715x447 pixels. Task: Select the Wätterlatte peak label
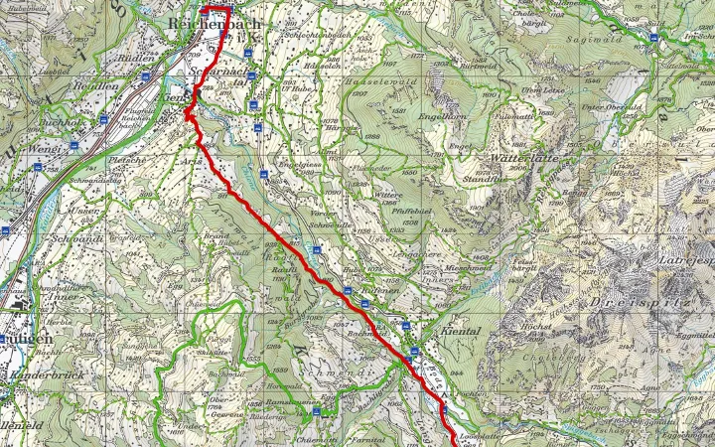[521, 157]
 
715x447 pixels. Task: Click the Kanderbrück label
[41, 377]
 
